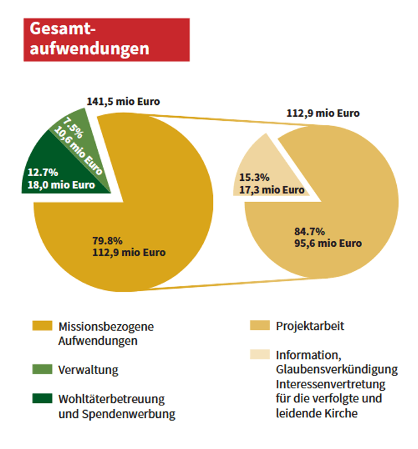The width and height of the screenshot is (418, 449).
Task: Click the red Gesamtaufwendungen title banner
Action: coord(106,39)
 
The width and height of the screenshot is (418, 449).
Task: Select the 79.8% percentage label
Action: coord(107,240)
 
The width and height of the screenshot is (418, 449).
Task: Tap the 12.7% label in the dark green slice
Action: coord(42,173)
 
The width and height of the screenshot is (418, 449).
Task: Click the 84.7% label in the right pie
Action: coord(309,231)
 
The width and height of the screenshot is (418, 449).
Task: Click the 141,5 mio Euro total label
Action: coord(123,101)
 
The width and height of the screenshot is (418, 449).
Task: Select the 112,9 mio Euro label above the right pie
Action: coord(322,113)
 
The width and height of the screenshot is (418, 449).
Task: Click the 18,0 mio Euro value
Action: coord(61,185)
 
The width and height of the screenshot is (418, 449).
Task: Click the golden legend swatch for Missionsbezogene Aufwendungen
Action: coord(42,326)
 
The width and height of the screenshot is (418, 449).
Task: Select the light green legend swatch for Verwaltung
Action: coord(42,369)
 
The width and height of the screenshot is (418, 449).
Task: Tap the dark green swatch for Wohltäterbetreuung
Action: coord(42,400)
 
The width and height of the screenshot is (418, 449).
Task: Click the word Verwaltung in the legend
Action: coord(88,370)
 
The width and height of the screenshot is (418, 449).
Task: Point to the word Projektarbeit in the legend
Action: coord(310,326)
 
